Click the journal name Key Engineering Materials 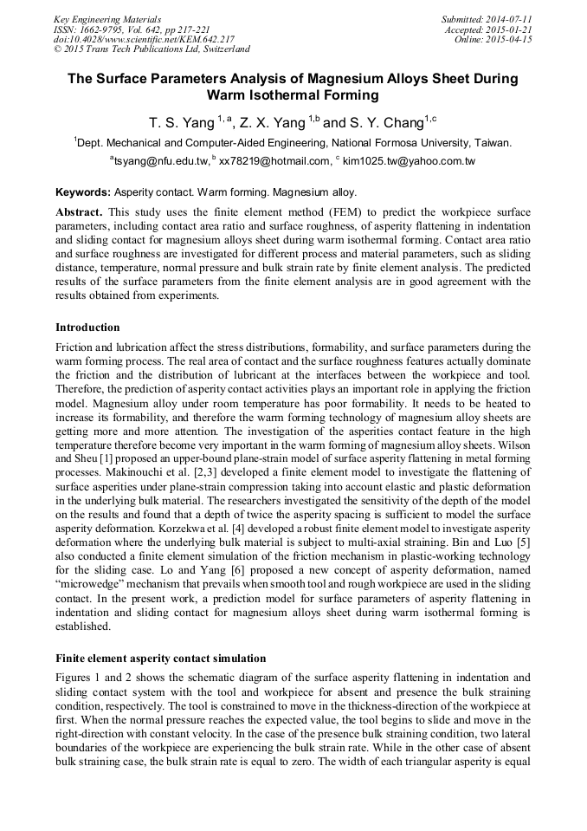(x=107, y=19)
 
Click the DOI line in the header (x=144, y=40)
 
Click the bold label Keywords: (x=83, y=192)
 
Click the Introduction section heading (x=87, y=328)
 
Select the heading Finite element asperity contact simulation (x=160, y=658)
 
